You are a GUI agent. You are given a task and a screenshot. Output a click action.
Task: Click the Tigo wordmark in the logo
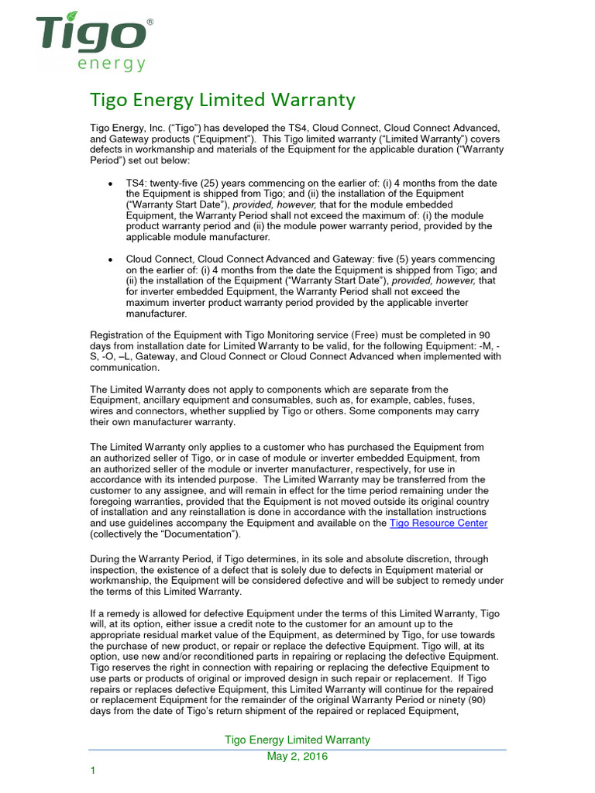(x=91, y=36)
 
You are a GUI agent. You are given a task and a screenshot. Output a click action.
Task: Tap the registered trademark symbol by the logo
(x=150, y=23)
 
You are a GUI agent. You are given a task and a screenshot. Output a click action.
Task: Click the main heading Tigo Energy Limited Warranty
(x=223, y=100)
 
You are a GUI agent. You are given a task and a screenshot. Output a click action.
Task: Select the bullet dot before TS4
(x=111, y=184)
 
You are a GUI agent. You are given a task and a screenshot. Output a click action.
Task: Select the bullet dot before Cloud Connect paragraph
(x=111, y=259)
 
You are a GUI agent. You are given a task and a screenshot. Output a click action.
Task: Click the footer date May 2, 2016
(x=297, y=757)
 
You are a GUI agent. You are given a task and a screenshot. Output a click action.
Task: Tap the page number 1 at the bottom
(x=92, y=771)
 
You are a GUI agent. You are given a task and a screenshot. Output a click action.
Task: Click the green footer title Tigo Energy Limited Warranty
(x=297, y=740)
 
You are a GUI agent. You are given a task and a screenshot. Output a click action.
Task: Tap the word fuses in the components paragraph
(x=461, y=400)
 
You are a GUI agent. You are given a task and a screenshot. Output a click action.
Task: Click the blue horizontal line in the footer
(x=297, y=749)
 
